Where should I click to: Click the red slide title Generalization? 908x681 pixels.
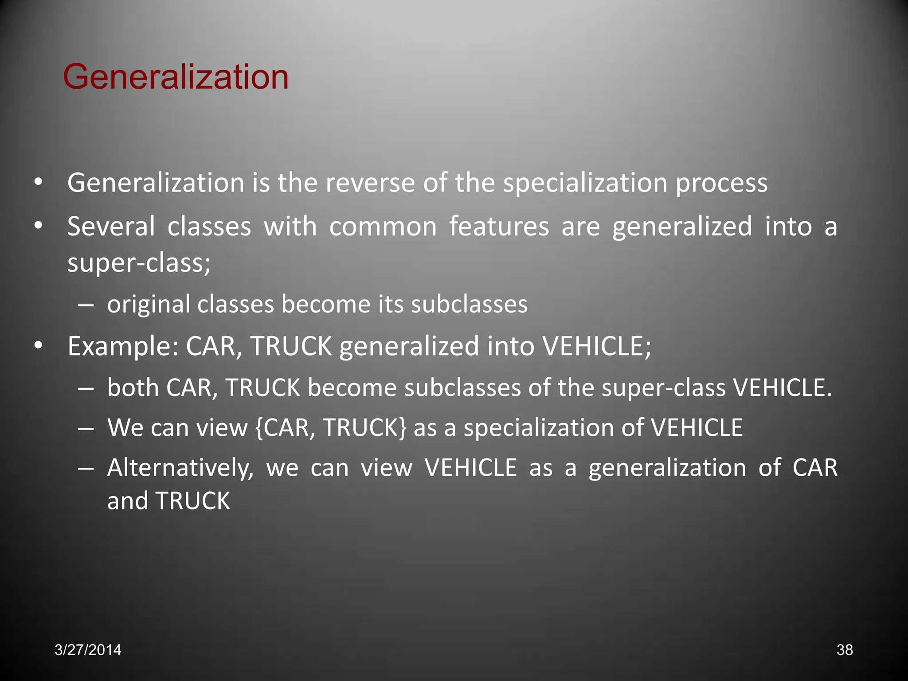(176, 77)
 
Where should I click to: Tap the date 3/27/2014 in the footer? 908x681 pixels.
(88, 650)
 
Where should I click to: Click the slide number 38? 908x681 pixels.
(844, 650)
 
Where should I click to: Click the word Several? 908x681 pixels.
(111, 227)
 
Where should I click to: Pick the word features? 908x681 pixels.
(499, 227)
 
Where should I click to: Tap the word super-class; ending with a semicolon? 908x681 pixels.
(139, 263)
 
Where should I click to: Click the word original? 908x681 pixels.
(148, 305)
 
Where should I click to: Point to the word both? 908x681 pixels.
(133, 388)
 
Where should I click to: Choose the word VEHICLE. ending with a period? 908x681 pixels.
(783, 388)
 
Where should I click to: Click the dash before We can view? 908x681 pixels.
(85, 428)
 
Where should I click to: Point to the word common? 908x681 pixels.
(383, 227)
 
